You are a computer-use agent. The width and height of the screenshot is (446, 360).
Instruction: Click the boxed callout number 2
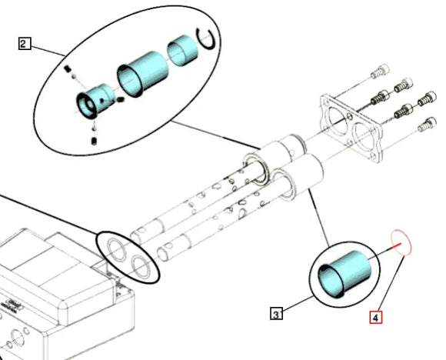[25, 44]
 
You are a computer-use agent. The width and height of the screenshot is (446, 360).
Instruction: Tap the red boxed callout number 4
[376, 318]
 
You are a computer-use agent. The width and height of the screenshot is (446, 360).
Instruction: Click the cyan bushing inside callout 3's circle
[344, 275]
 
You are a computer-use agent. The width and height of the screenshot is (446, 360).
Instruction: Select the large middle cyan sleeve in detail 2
[143, 74]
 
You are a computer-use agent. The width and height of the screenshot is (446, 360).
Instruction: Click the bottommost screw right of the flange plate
[427, 125]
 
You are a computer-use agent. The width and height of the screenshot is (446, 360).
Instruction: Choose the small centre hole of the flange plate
[351, 116]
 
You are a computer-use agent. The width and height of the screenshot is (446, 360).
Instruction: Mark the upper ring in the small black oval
[117, 250]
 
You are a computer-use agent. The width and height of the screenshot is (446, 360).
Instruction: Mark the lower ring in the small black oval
[141, 267]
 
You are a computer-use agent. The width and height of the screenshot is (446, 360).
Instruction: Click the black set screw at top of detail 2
[68, 68]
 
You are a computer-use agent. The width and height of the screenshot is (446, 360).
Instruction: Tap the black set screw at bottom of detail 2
[94, 141]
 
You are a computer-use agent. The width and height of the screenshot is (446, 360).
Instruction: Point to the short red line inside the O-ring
[397, 245]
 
